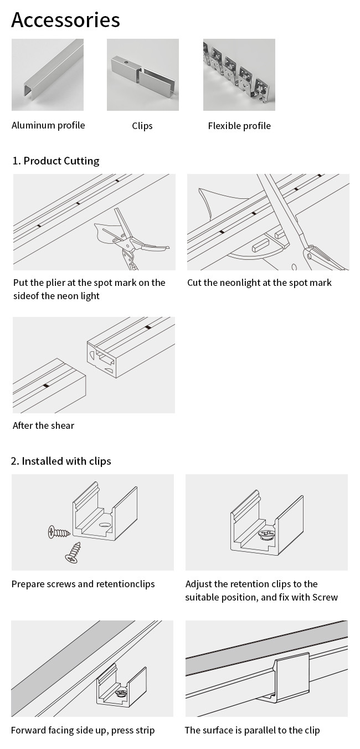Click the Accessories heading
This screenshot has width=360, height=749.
(x=65, y=20)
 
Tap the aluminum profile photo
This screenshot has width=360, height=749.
(x=48, y=75)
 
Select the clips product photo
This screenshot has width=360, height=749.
(x=142, y=75)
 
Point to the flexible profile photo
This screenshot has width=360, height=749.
(x=239, y=75)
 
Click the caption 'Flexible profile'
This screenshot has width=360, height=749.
(x=239, y=126)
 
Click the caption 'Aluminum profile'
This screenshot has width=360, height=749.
(x=48, y=125)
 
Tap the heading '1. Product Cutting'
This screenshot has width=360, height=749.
(x=56, y=161)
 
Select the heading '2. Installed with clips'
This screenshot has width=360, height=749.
(x=61, y=461)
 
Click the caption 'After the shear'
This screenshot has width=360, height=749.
(x=43, y=425)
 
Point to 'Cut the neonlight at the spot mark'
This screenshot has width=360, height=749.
(x=259, y=283)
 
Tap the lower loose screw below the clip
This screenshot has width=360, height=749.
(x=73, y=553)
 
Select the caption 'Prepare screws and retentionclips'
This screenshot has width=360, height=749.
(x=83, y=584)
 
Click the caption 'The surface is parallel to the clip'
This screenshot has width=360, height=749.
(x=252, y=730)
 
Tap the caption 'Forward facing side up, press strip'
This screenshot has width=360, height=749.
(x=83, y=730)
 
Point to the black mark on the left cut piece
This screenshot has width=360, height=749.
(x=46, y=385)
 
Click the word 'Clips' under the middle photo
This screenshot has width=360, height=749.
(x=142, y=126)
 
